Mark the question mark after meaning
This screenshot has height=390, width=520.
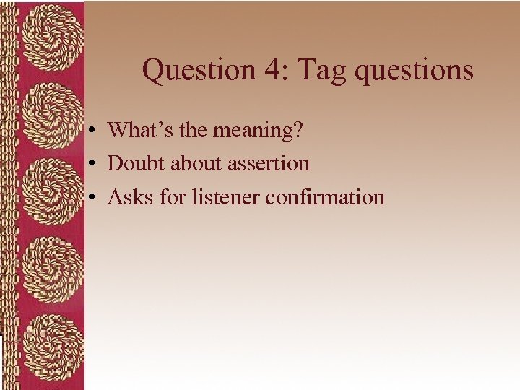pyautogui.click(x=297, y=130)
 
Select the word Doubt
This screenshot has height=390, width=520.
pyautogui.click(x=136, y=163)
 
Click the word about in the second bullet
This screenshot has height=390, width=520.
pyautogui.click(x=196, y=163)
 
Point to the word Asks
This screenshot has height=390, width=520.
pyautogui.click(x=130, y=196)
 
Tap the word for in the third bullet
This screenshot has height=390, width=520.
pyautogui.click(x=173, y=196)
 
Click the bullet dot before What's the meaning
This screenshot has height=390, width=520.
pyautogui.click(x=94, y=131)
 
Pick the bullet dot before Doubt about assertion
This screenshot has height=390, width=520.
pyautogui.click(x=94, y=164)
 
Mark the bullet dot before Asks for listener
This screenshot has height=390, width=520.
pyautogui.click(x=94, y=197)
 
